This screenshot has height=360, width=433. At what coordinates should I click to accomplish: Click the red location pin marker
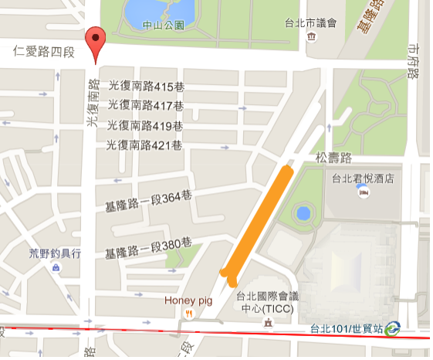click(95, 42)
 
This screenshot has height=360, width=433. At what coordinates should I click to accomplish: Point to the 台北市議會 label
click(310, 22)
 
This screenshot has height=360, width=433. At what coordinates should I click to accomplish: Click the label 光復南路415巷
click(146, 86)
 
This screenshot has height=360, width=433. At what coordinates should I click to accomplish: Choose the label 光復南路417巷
click(146, 105)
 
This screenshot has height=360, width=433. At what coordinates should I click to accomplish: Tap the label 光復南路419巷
click(145, 124)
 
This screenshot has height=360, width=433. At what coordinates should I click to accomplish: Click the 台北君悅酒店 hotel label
click(363, 178)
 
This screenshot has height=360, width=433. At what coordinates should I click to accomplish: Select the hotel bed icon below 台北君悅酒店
click(364, 192)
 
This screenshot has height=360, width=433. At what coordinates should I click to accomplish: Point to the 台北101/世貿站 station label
click(347, 329)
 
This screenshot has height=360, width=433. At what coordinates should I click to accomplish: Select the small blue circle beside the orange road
click(304, 212)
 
